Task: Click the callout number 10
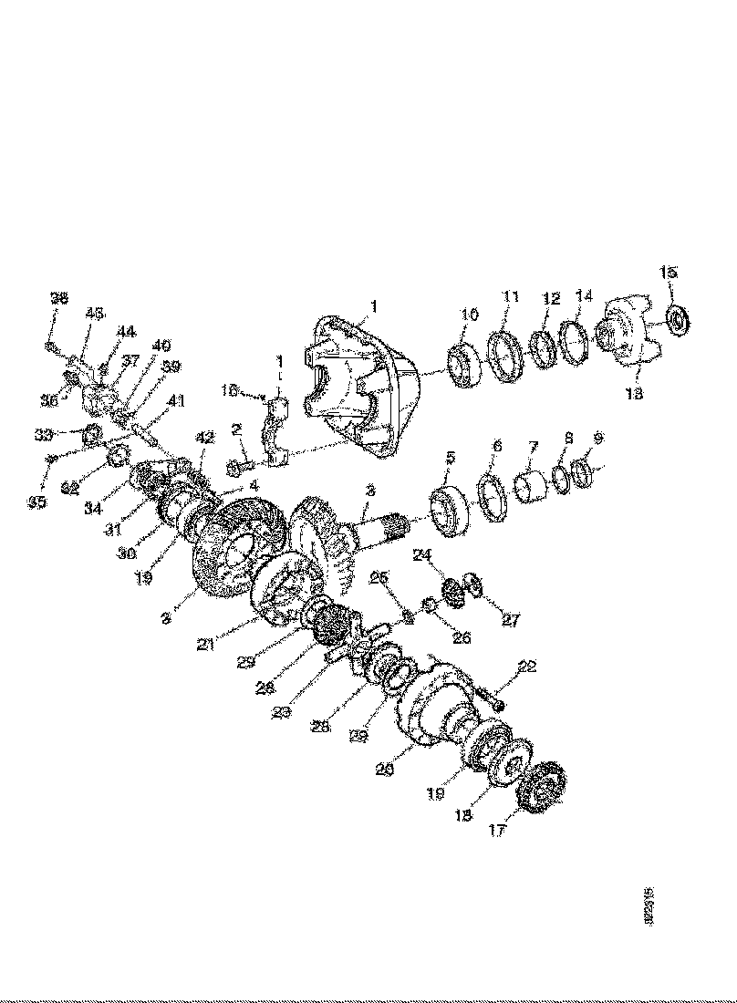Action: coord(469,314)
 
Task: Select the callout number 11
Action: coord(509,296)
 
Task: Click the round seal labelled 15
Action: coord(678,319)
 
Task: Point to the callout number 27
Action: coord(510,620)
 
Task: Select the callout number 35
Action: coord(36,501)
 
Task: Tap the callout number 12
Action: coord(550,299)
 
